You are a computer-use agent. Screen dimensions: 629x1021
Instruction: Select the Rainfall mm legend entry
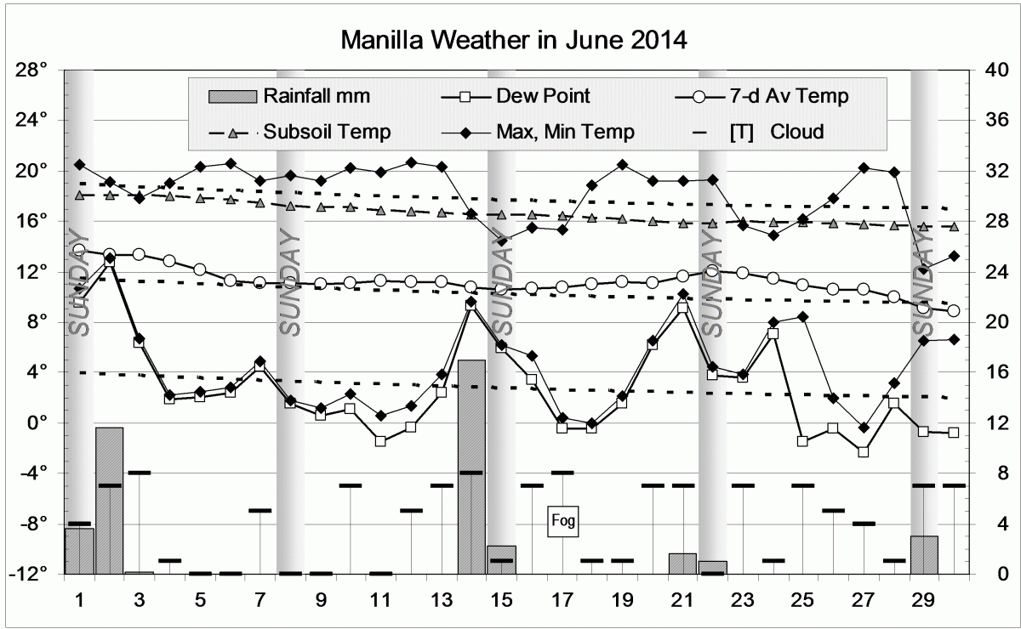[289, 95]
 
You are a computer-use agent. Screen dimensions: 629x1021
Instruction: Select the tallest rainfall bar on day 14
[471, 467]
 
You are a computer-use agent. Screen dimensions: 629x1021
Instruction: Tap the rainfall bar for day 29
[924, 555]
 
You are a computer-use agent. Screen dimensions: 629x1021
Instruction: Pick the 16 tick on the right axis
[995, 372]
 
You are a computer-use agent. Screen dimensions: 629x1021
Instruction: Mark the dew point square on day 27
[864, 452]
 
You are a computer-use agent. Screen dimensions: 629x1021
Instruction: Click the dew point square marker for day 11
[380, 441]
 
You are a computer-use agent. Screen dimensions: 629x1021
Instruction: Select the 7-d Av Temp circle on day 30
[954, 311]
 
